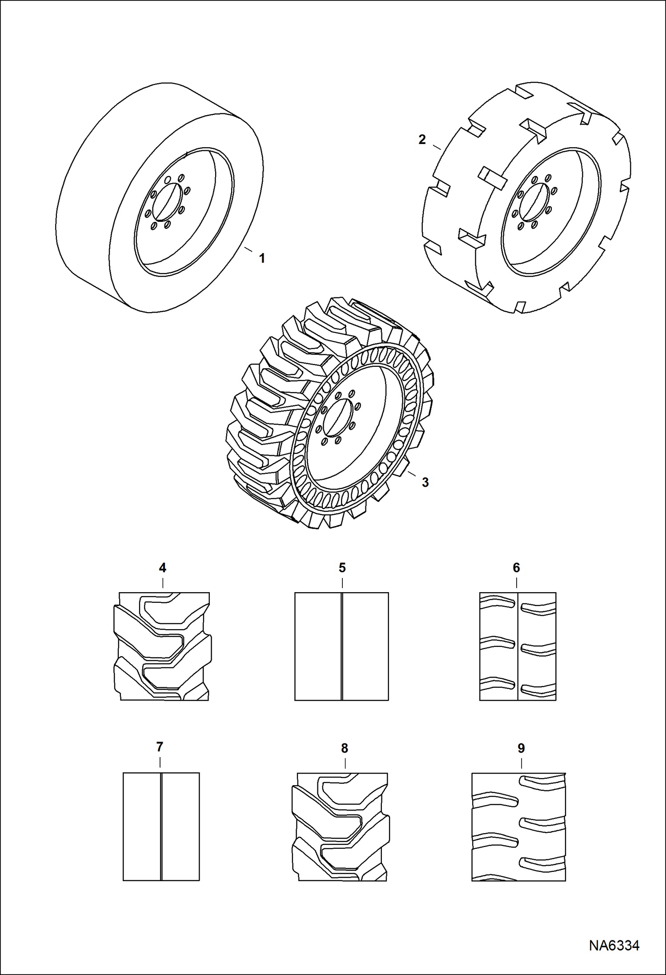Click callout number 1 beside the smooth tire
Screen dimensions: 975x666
pos(262,258)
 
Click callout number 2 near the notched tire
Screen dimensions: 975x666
pos(422,140)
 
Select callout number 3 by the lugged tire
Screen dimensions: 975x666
pos(425,482)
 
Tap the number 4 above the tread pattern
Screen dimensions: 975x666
pos(163,568)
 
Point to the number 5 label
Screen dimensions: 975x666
pos(342,568)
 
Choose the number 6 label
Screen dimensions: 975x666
pos(516,568)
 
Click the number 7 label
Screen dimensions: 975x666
pos(160,747)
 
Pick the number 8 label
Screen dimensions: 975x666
pos(345,748)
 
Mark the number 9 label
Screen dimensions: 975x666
pos(521,748)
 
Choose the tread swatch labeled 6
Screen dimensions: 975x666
pos(518,646)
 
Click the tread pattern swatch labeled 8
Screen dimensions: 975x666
pos(340,827)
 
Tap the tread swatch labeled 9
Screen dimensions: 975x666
pos(519,827)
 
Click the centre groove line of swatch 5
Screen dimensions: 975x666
pos(341,646)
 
